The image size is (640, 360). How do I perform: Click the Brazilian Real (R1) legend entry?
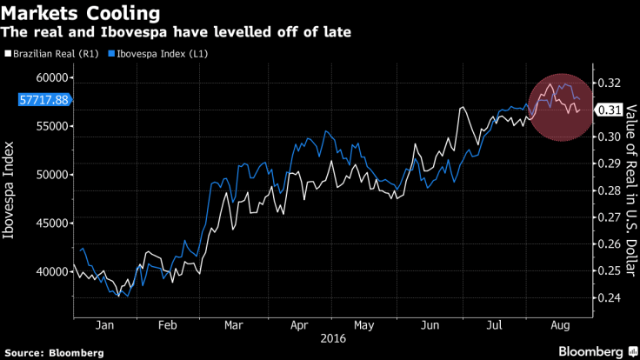pos(52,54)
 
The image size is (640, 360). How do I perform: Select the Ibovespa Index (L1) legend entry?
pos(161,54)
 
